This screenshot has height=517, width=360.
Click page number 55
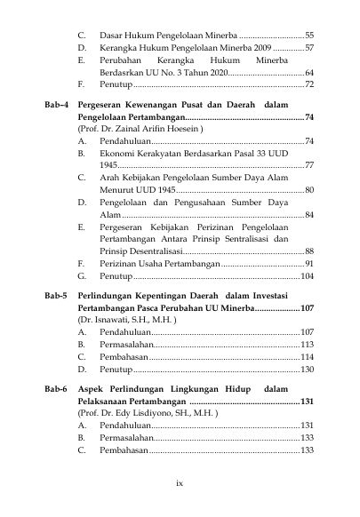point(308,33)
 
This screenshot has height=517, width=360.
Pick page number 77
point(308,165)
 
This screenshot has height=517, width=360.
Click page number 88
point(308,251)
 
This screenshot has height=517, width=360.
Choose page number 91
point(308,264)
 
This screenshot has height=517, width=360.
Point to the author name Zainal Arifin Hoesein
point(156,129)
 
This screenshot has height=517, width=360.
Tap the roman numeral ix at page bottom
point(180,482)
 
